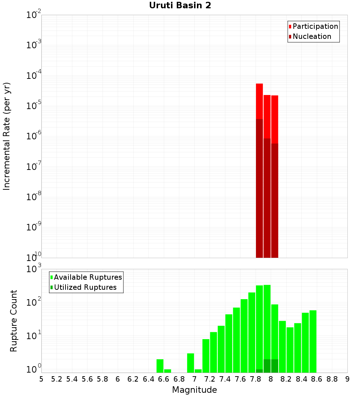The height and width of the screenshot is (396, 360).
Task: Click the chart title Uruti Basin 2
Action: point(180,6)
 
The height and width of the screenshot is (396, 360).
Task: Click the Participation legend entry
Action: point(315,27)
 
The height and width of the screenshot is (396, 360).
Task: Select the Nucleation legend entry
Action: point(312,37)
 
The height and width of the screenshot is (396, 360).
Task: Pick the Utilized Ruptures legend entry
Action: point(85,288)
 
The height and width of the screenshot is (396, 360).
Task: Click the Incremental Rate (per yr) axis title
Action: point(7,136)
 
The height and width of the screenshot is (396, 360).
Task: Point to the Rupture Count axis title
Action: point(14,321)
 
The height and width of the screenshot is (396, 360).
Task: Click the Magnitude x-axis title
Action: point(194,390)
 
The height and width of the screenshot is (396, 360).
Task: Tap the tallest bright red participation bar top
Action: point(260,85)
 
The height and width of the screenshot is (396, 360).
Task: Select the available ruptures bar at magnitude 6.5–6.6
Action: point(160,366)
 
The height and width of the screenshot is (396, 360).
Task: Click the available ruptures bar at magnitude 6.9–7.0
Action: point(191,363)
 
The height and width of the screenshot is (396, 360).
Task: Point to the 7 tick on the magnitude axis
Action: point(194,379)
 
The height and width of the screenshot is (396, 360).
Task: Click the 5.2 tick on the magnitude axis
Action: point(57,379)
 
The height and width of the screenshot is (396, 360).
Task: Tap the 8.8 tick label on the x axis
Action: point(332,379)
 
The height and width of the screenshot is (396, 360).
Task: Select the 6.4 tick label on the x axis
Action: point(148,379)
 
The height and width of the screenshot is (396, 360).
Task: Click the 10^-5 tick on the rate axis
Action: point(34,106)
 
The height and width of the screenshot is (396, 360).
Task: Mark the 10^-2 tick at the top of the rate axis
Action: point(34,15)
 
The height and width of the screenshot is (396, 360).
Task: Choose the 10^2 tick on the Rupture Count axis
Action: point(34,302)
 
